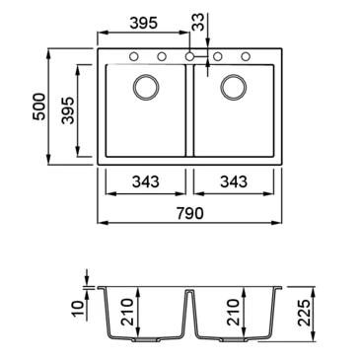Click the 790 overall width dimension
tap(190, 214)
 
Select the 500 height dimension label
tap(39, 107)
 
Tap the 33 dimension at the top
tap(198, 22)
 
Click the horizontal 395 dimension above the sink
tap(144, 23)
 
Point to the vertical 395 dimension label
tap(68, 110)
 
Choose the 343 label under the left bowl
tap(145, 181)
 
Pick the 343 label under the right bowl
tap(234, 181)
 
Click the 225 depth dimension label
tap(305, 313)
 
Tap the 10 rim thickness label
tap(79, 310)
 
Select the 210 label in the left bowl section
tap(127, 312)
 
